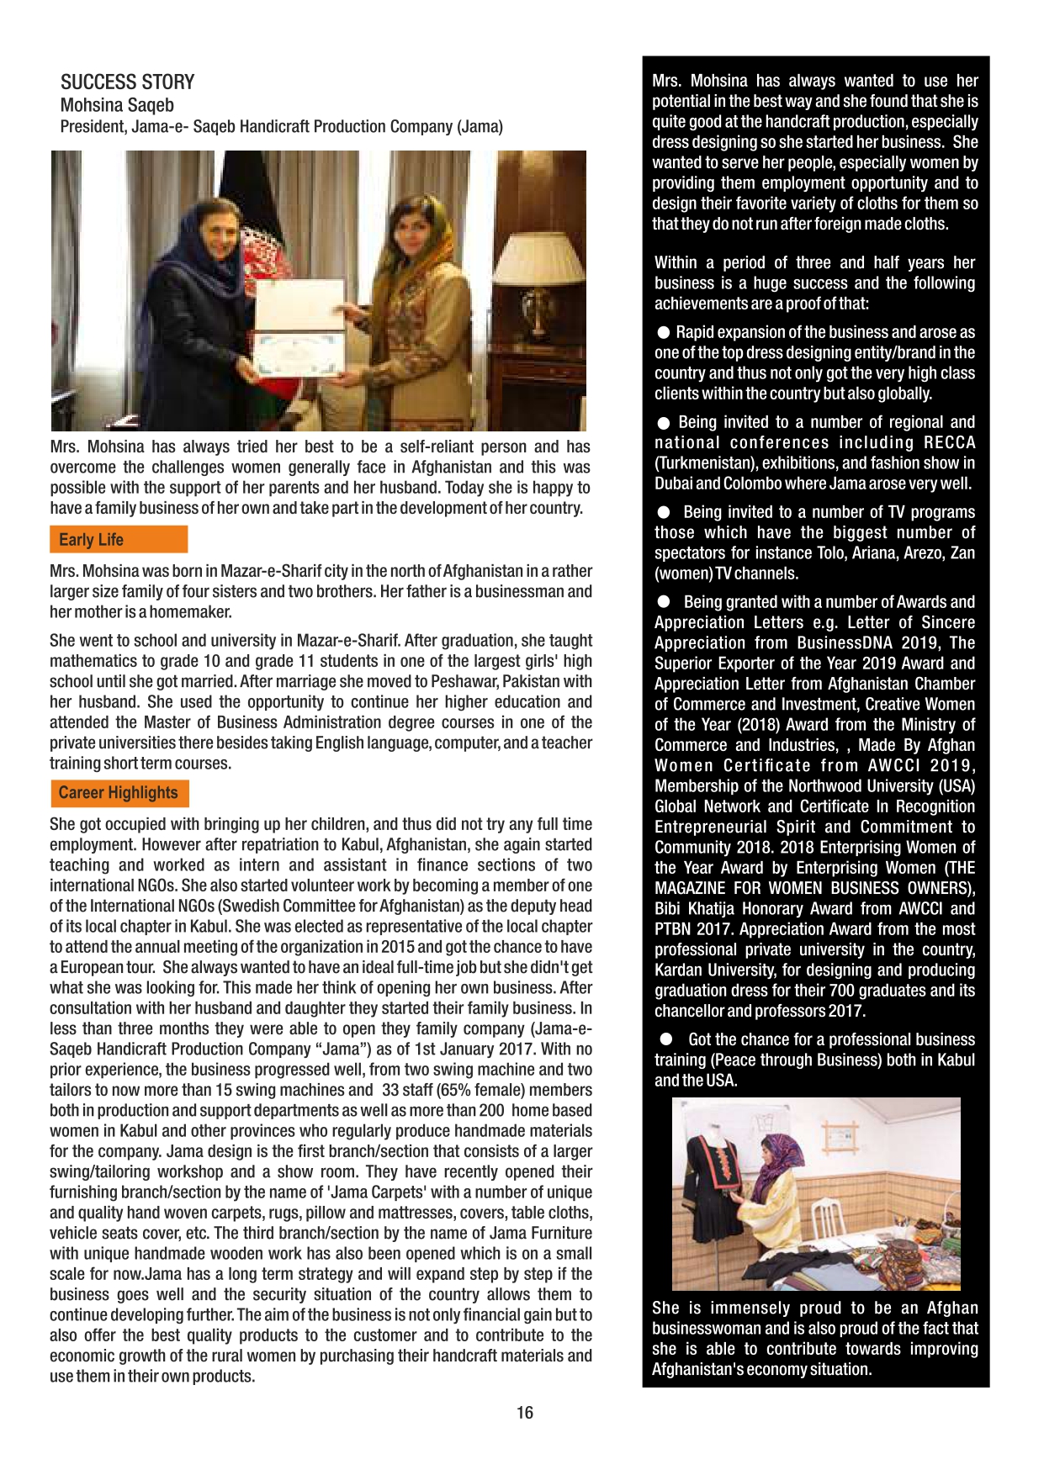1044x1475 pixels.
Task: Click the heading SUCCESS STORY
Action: [x=127, y=82]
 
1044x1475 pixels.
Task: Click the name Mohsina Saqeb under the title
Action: [x=117, y=105]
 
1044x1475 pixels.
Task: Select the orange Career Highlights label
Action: [x=118, y=793]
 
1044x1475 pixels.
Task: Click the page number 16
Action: [x=525, y=1413]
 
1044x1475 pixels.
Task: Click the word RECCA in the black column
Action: [x=949, y=443]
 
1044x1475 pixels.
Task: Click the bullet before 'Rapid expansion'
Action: [x=664, y=333]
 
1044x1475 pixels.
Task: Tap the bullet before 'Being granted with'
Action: [x=664, y=602]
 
